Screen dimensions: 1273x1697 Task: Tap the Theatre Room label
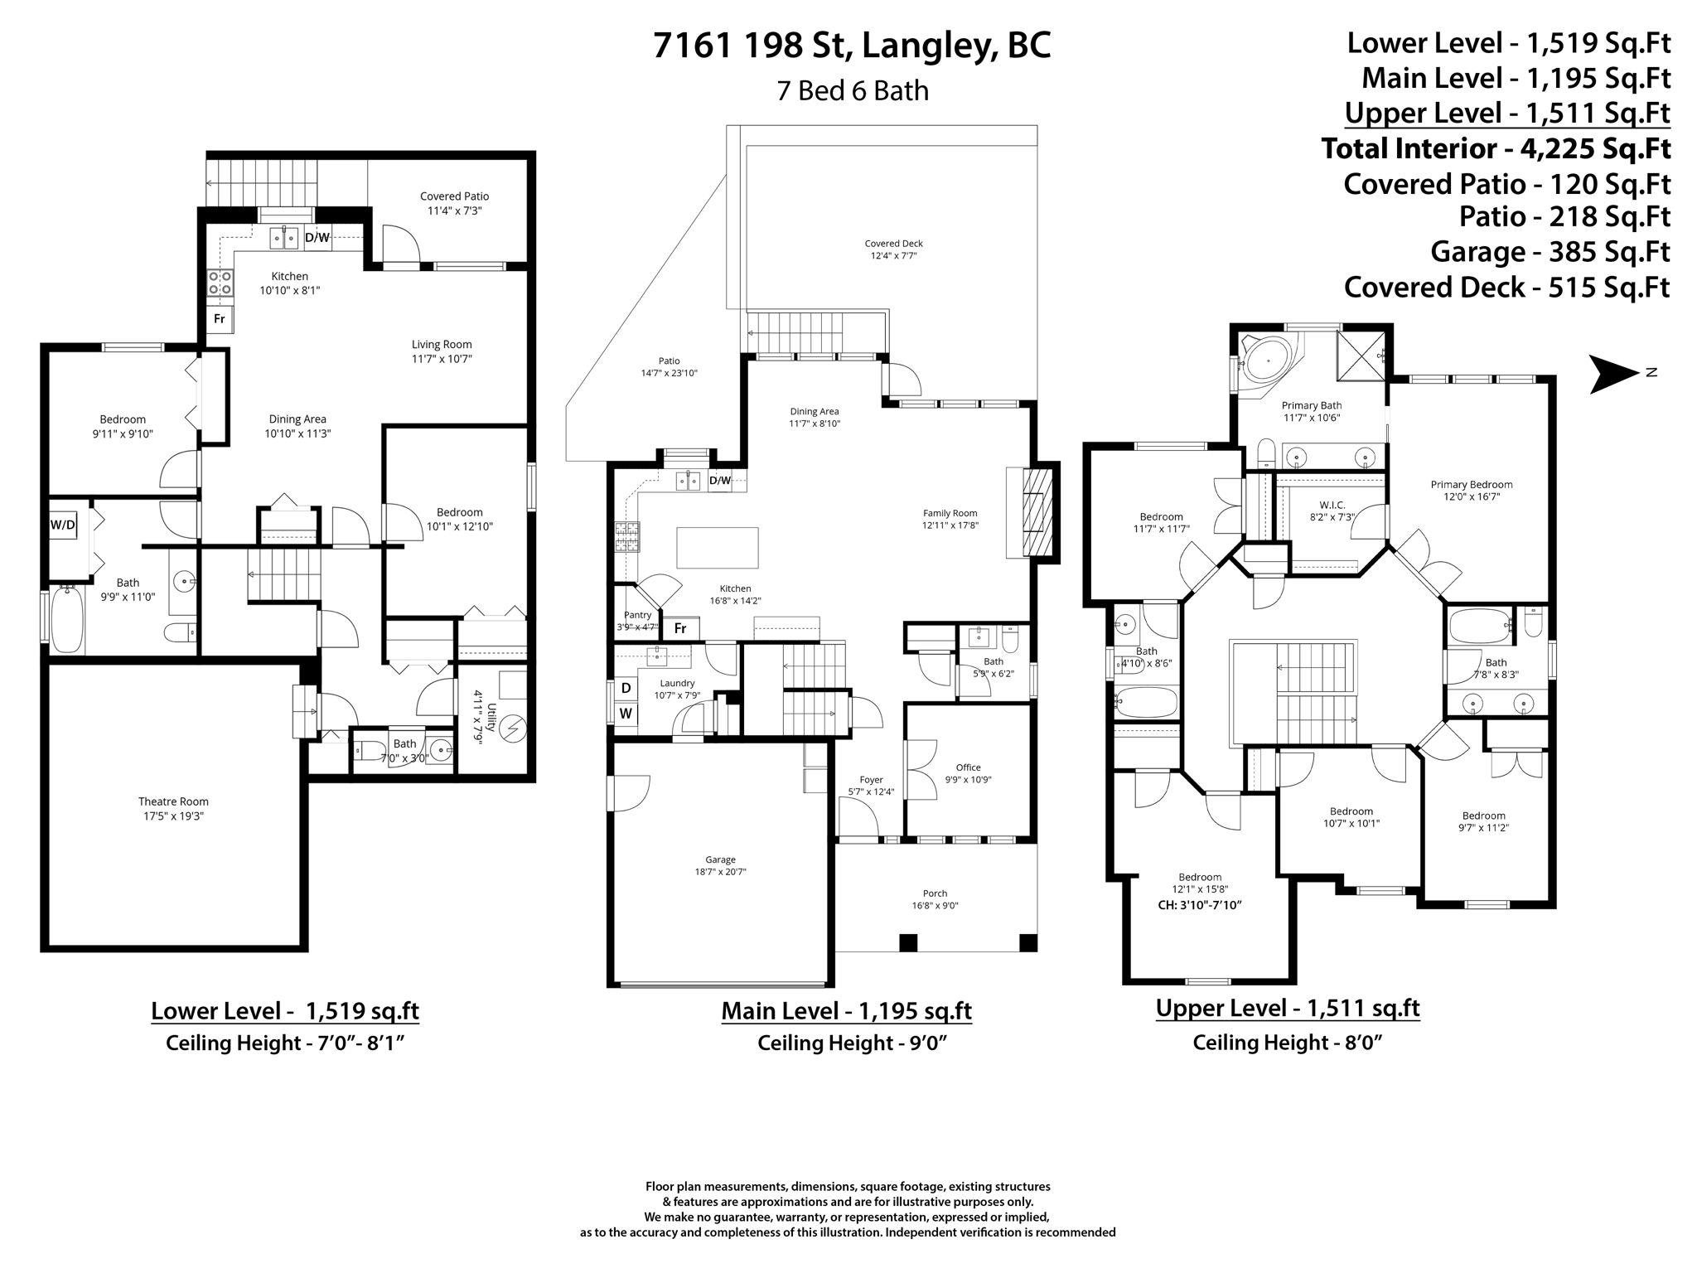click(x=173, y=801)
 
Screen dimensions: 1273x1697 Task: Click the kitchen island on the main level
click(x=718, y=547)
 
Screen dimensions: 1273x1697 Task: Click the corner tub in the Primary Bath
click(x=1265, y=362)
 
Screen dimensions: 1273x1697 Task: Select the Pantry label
click(x=638, y=615)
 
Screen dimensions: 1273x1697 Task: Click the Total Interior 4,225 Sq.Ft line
click(x=1495, y=149)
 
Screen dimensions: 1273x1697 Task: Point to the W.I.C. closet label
click(x=1332, y=505)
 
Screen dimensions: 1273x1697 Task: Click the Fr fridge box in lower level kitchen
click(x=220, y=318)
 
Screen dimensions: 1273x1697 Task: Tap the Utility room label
click(x=491, y=718)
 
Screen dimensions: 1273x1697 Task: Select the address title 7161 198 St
click(x=851, y=46)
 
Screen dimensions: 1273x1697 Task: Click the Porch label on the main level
click(x=935, y=893)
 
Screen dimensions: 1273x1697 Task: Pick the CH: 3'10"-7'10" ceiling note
click(x=1199, y=905)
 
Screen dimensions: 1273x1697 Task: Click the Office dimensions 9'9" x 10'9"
click(x=968, y=780)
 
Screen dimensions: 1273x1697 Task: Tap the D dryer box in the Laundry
click(x=626, y=688)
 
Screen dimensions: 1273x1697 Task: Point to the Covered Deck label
click(x=893, y=244)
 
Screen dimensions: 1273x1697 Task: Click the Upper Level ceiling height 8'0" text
click(x=1288, y=1043)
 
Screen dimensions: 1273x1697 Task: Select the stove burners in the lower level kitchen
click(x=220, y=283)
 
